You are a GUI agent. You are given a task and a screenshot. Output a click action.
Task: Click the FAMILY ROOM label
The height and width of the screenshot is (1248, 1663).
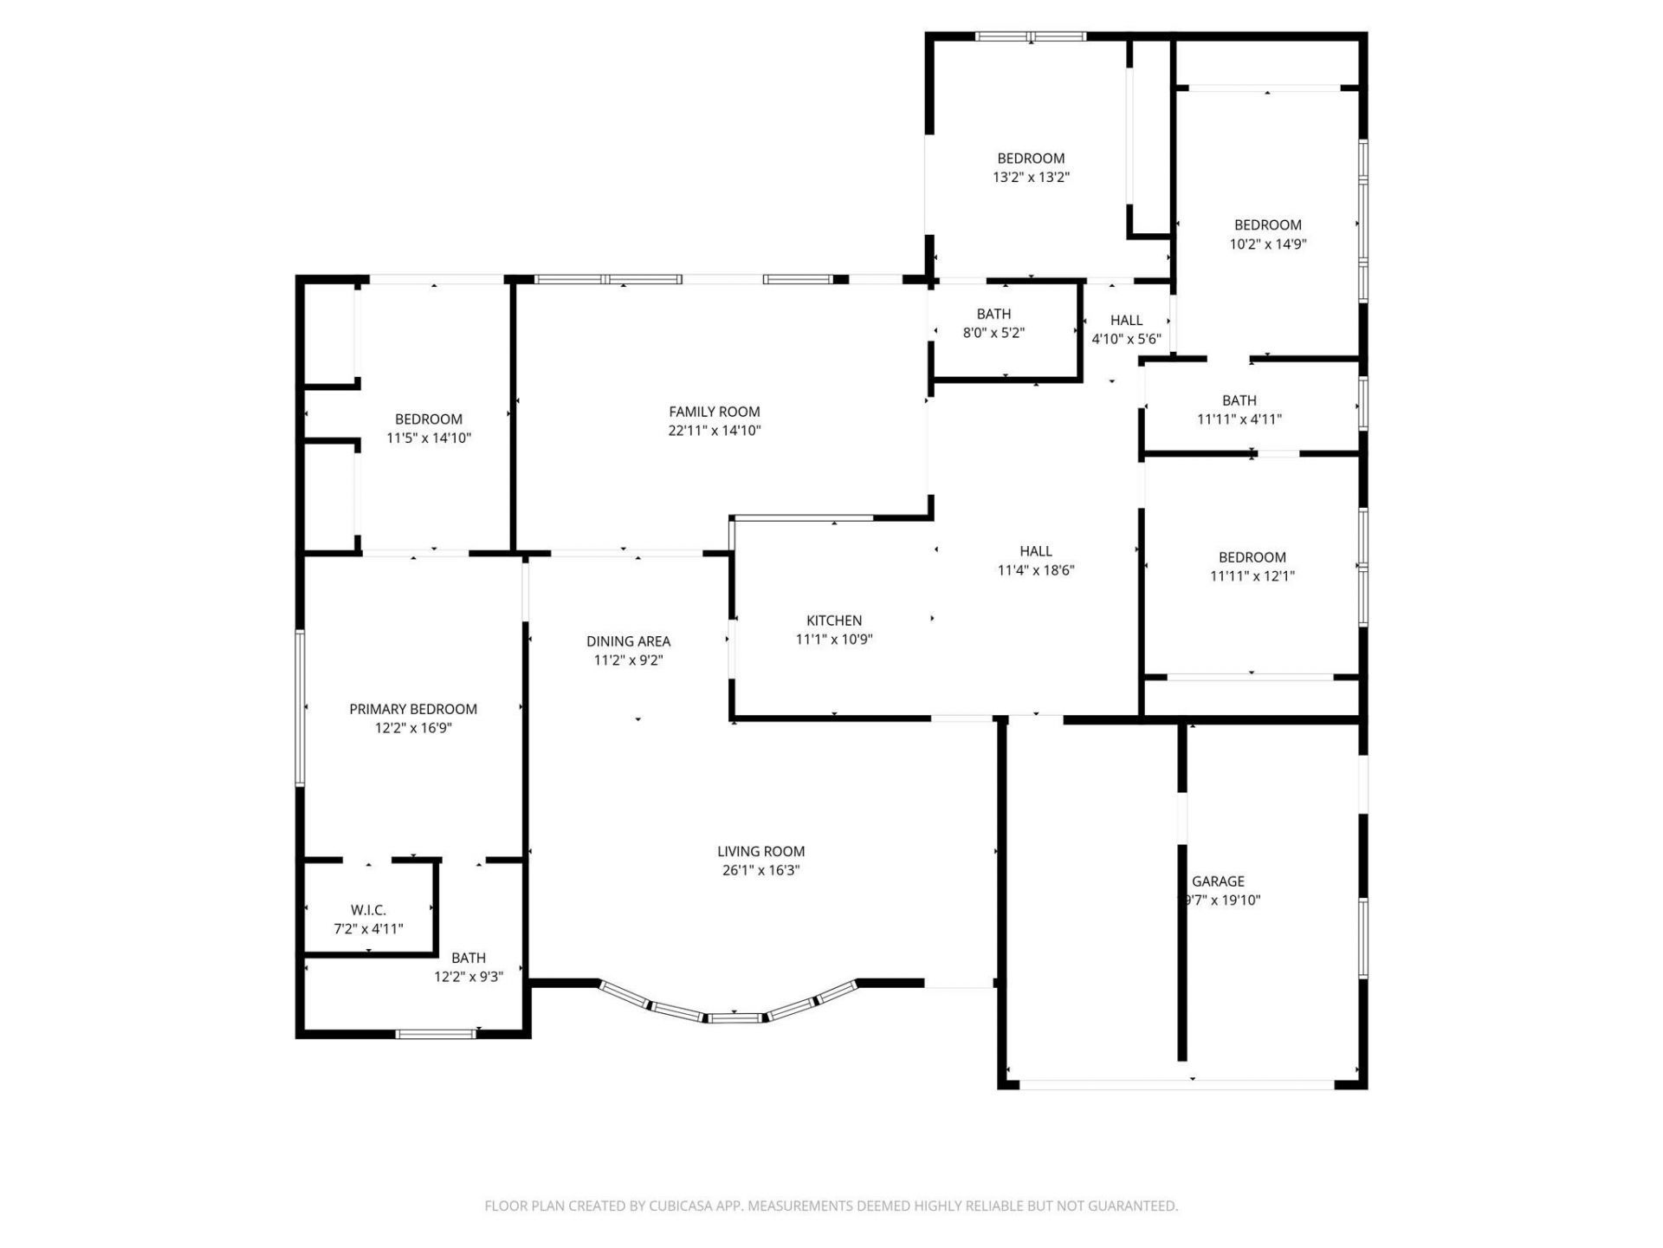714,412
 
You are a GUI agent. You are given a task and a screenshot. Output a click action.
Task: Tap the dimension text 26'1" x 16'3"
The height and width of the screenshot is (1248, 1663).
760,870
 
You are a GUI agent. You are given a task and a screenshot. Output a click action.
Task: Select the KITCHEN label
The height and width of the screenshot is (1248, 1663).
833,621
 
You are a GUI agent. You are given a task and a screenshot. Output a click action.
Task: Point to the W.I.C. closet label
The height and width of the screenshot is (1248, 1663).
368,910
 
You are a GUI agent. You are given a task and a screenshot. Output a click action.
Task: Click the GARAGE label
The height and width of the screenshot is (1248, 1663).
1218,881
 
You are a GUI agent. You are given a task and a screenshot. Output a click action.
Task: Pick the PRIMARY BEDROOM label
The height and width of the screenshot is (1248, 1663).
413,709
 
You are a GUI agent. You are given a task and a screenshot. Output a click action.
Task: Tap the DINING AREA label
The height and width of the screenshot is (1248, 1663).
628,641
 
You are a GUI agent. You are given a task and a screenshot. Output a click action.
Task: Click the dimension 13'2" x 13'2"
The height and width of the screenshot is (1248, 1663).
1031,178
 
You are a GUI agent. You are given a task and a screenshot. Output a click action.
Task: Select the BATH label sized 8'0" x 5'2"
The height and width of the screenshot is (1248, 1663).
993,314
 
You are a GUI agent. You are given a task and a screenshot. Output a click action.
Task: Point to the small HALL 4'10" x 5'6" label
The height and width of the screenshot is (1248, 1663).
1126,321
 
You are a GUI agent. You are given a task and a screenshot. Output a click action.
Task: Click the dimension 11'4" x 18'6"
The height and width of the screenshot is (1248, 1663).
1036,570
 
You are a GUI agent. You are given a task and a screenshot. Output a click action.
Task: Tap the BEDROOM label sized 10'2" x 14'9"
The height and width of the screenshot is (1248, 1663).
1267,225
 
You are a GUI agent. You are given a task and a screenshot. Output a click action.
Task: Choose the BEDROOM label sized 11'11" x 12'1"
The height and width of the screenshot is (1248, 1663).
1252,557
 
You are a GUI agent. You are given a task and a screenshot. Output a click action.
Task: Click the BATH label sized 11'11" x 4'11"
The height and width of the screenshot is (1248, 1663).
1239,400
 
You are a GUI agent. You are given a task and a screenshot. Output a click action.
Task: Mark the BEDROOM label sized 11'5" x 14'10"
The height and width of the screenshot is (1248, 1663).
428,419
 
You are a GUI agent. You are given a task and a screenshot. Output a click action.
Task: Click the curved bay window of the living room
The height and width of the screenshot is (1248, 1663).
734,1014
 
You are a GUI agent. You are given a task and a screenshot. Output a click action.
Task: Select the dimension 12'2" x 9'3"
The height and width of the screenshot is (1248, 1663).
468,977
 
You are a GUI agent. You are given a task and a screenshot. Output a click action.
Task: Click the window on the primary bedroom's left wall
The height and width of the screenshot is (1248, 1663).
301,708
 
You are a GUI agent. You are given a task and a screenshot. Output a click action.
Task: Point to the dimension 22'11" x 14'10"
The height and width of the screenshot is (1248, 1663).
714,431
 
